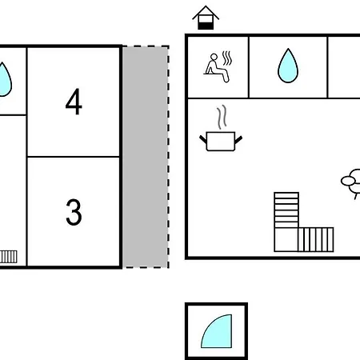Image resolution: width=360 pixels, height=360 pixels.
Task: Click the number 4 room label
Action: click(74, 102)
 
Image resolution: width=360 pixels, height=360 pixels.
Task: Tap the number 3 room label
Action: click(74, 212)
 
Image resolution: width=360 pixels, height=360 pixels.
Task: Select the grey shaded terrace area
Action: click(146, 157)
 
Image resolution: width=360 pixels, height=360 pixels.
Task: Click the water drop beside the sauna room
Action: click(288, 66)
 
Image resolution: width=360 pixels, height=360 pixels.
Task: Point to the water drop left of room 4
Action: click(4, 79)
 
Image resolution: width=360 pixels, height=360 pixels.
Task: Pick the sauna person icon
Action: click(218, 66)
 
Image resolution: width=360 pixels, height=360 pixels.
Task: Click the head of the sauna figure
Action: click(214, 57)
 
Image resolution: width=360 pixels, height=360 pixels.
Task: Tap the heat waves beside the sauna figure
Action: click(227, 58)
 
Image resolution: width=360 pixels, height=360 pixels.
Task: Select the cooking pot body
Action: click(221, 142)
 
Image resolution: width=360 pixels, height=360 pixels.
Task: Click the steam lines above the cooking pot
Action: click(222, 117)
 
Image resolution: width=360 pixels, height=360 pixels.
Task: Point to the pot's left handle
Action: click(203, 139)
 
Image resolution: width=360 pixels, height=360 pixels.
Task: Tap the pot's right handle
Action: click(238, 139)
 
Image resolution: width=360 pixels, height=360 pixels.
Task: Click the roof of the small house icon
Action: click(206, 13)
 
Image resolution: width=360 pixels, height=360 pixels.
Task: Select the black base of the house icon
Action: click(206, 26)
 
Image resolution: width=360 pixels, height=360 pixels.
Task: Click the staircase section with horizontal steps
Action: click(286, 210)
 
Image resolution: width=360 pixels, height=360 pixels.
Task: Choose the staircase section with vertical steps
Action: click(316, 239)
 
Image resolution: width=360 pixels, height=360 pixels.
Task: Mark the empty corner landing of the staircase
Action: click(286, 239)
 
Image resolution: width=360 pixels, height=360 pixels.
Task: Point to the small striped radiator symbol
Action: click(9, 257)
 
